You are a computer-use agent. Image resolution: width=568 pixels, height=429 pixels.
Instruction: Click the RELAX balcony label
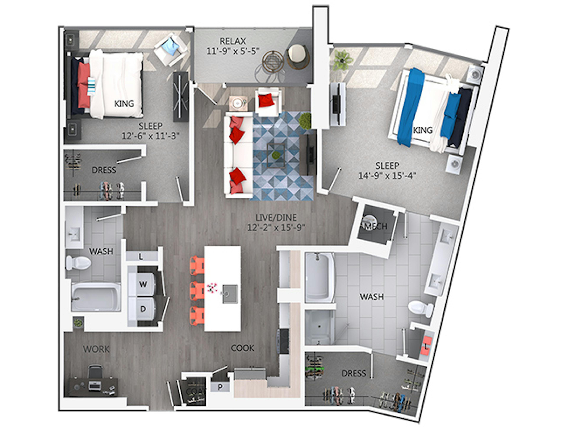[233, 41]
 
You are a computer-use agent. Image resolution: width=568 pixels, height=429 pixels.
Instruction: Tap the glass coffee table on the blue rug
[276, 155]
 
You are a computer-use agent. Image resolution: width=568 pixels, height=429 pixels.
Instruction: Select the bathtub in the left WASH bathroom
[96, 297]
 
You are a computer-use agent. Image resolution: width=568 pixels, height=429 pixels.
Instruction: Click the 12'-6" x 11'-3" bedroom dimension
[150, 136]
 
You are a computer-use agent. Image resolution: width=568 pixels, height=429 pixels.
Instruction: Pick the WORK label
[96, 349]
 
